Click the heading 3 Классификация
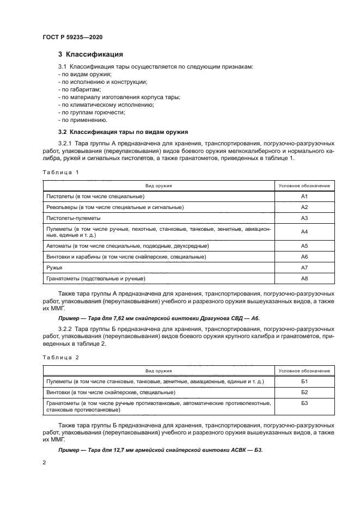[90, 54]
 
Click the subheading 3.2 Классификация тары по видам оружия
[123, 132]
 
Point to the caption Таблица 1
[60, 173]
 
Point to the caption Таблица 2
[60, 357]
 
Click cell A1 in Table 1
[304, 196]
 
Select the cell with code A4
[304, 232]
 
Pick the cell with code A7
[304, 268]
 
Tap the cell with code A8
[304, 279]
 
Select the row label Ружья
[54, 268]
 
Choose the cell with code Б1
[304, 381]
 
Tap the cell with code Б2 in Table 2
[304, 392]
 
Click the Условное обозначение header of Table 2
[304, 370]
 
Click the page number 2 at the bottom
[45, 462]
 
